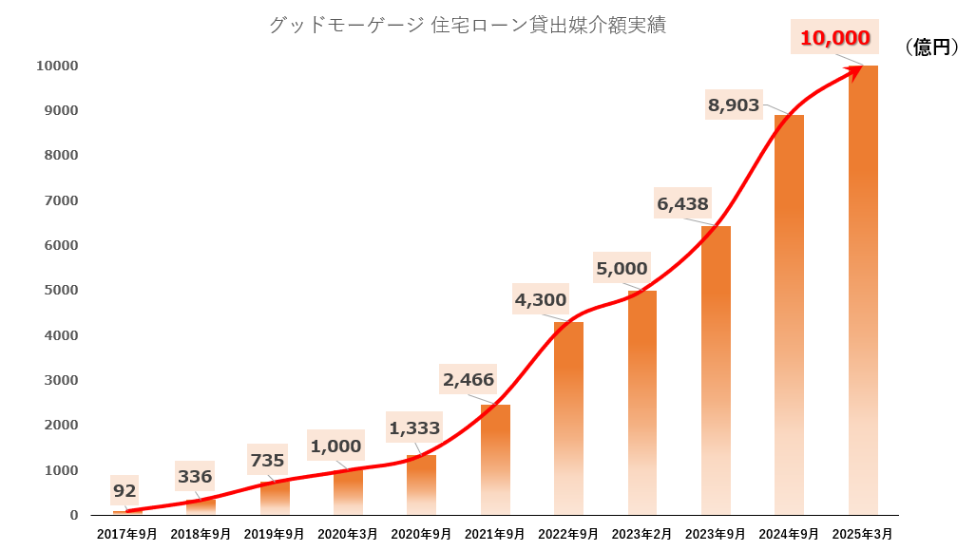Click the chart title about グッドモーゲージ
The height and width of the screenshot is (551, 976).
467,26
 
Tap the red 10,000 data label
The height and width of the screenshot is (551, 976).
835,39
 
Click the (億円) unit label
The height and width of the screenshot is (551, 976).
932,47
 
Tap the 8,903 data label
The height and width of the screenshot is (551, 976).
734,105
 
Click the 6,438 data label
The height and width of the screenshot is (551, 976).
682,203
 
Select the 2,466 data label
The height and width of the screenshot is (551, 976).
469,380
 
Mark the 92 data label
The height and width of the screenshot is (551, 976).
124,491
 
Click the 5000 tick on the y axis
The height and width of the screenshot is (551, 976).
62,291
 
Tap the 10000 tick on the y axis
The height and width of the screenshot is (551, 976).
57,66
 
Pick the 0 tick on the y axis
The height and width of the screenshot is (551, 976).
73,515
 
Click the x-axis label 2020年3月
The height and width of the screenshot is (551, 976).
348,535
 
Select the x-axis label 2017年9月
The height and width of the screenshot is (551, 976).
127,535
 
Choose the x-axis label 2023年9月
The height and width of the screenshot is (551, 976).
716,535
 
